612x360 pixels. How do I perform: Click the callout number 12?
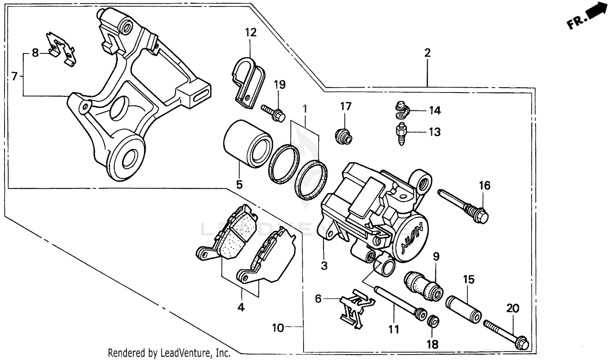point(251,33)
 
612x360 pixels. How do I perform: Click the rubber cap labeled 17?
point(343,136)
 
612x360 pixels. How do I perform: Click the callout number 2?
point(427,53)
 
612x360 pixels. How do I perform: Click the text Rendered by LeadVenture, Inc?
point(169,353)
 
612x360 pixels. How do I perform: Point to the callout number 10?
point(278,328)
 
